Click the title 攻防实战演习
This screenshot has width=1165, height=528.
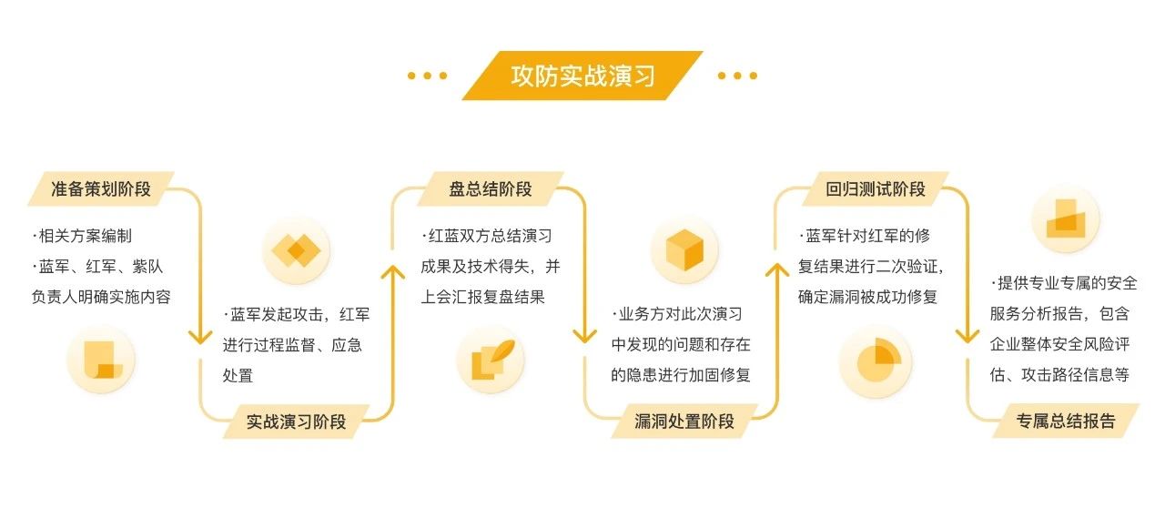point(582,76)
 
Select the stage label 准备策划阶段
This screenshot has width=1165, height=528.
point(102,190)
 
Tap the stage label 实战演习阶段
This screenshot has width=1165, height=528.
point(296,421)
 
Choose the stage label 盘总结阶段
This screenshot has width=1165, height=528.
point(491,189)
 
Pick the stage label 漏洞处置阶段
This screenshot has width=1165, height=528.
point(684,421)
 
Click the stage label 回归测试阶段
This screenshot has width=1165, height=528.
point(876,189)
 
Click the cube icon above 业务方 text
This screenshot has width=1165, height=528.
point(685,249)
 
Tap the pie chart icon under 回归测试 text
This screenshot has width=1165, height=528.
point(875,363)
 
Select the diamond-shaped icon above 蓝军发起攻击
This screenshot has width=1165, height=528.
point(296,249)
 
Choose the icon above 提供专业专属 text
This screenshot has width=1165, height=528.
point(1066,218)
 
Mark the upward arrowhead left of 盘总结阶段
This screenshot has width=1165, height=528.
point(392,273)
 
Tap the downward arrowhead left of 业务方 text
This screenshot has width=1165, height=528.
point(585,337)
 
